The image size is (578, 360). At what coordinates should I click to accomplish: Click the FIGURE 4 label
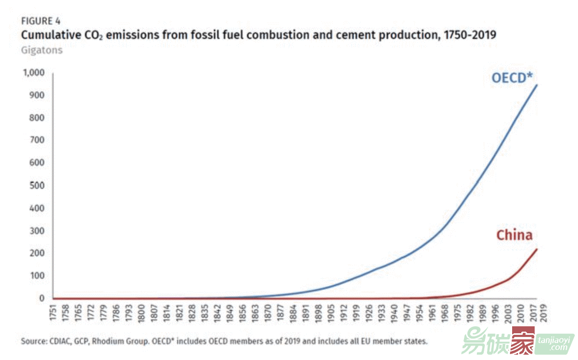[x=40, y=21]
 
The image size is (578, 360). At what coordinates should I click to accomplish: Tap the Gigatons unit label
[x=42, y=50]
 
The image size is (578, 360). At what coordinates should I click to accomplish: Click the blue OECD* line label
[x=512, y=78]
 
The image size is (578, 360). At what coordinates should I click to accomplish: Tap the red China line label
[x=514, y=235]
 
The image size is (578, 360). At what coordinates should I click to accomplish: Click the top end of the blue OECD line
[x=536, y=85]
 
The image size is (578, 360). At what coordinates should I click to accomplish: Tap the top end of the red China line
[x=536, y=249]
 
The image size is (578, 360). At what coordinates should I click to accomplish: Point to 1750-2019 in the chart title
[x=467, y=36]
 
